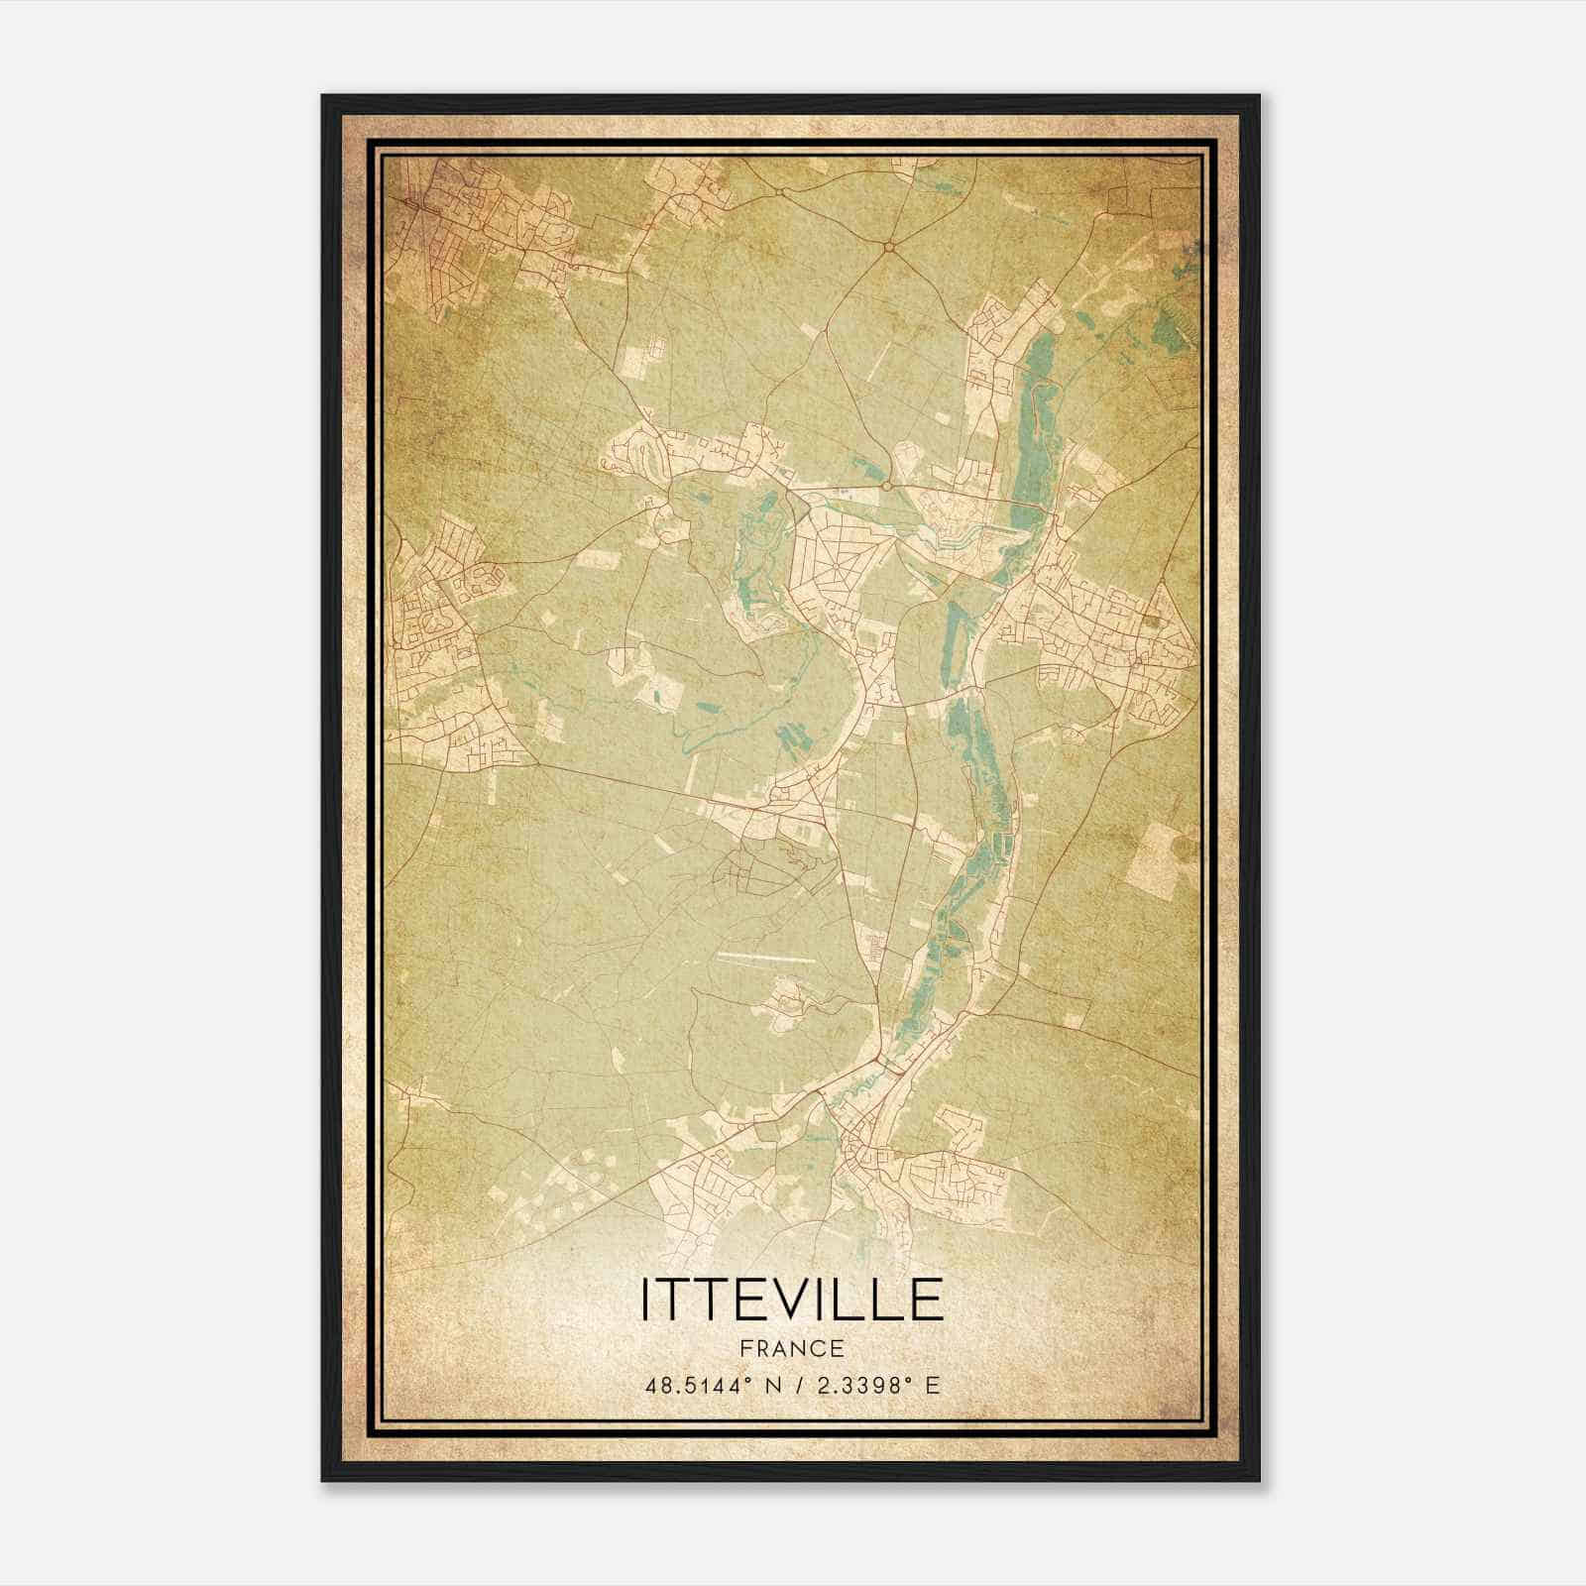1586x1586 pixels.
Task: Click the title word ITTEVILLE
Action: (791, 1300)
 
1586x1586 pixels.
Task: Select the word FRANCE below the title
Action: (791, 1349)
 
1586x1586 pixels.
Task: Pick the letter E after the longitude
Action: (931, 1385)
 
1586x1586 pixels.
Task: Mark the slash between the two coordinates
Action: (796, 1385)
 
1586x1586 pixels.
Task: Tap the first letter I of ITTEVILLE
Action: (647, 1300)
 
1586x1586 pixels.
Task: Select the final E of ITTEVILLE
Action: (927, 1300)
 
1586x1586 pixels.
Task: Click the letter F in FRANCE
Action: (746, 1349)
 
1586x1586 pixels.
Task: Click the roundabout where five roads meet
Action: (890, 245)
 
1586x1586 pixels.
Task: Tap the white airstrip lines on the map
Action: (765, 958)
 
